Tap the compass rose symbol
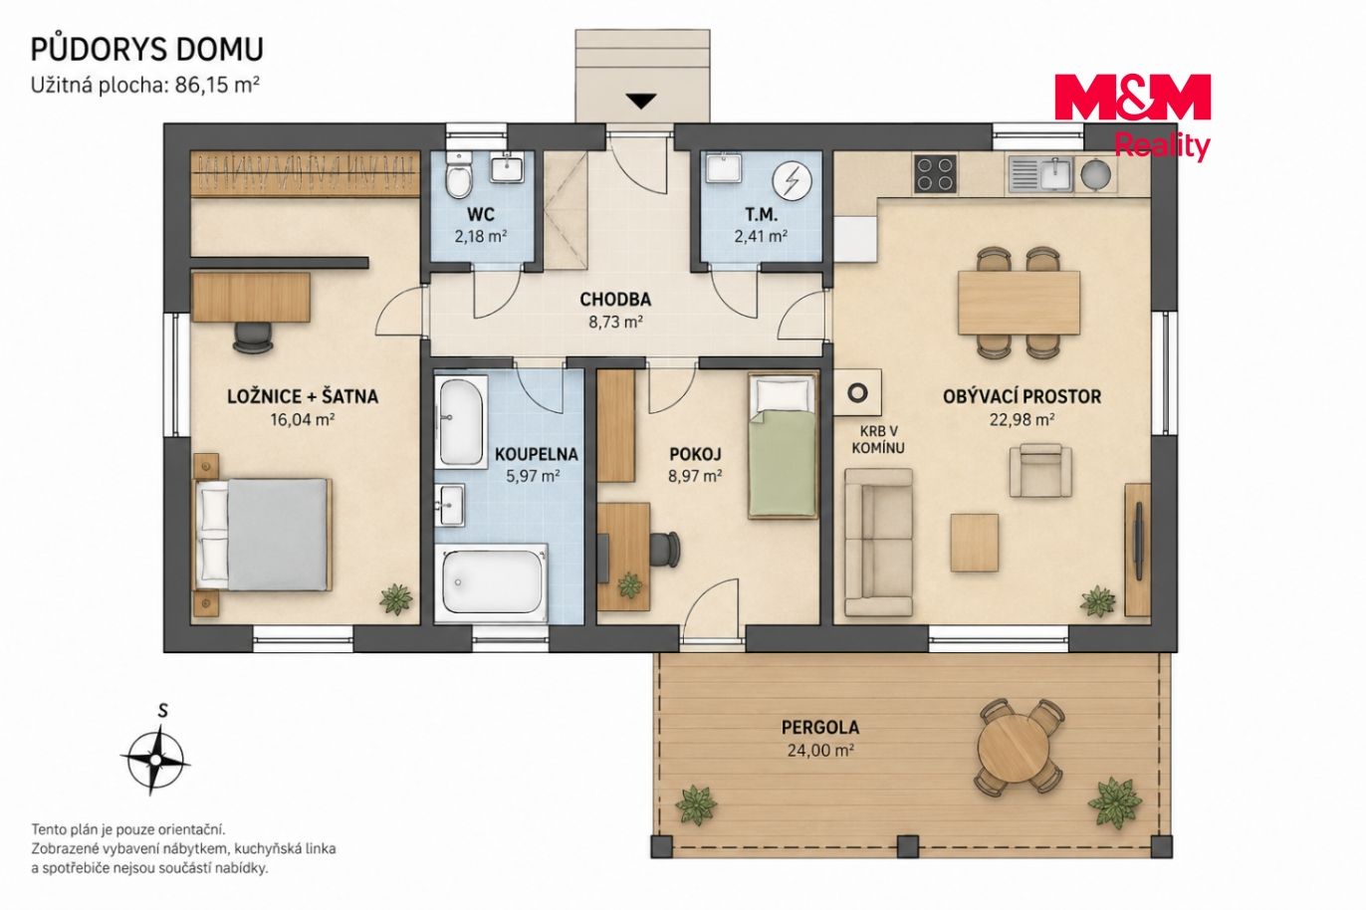(156, 760)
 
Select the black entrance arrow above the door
(641, 102)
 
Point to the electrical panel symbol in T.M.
(793, 181)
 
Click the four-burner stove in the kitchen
(935, 174)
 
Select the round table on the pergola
(1019, 747)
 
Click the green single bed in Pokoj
(783, 447)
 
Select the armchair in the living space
(1041, 470)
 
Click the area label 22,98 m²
(1023, 419)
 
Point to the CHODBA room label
(615, 300)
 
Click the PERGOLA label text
(820, 728)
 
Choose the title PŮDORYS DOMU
(147, 50)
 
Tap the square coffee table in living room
(975, 543)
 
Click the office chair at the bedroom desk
(253, 337)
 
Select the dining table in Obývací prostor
(1019, 303)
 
